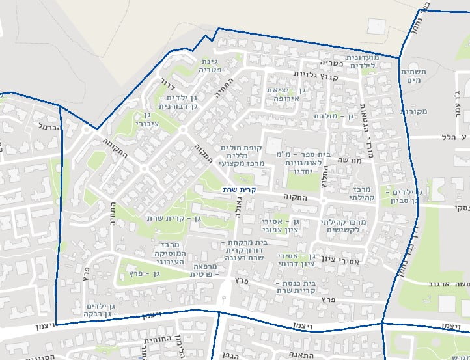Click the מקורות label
click(414, 111)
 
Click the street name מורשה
click(352, 158)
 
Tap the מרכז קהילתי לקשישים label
click(344, 226)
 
